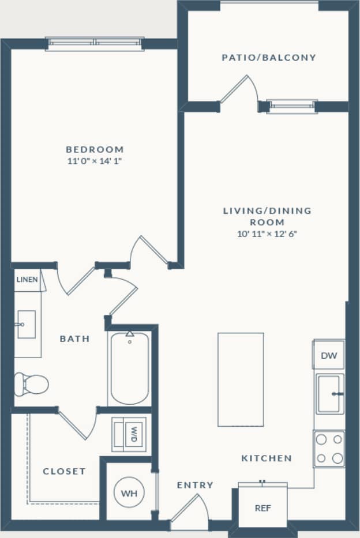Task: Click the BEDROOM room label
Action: coord(95,149)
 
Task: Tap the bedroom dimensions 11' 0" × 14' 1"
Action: coord(95,161)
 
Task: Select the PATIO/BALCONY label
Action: coord(269,58)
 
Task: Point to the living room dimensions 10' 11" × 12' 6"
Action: coord(267,234)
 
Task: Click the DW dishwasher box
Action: coord(329,355)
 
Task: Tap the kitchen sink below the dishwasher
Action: coord(329,394)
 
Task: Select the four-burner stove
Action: coord(329,449)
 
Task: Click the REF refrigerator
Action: coord(262,508)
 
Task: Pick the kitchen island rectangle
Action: coord(241,379)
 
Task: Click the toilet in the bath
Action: coord(32,383)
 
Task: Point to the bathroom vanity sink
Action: coord(26,324)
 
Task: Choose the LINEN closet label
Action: coord(27,280)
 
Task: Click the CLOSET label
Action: coord(64,471)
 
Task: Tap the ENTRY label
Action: coord(195,485)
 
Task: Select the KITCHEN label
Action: coord(266,458)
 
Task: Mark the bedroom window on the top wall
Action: coord(95,44)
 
